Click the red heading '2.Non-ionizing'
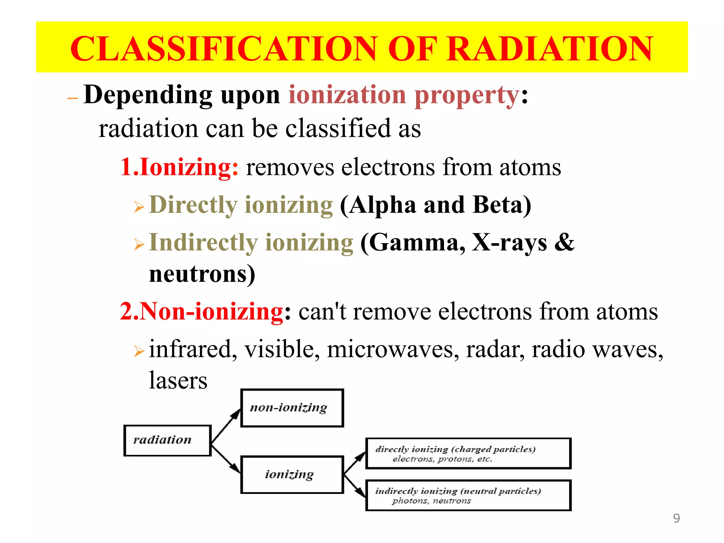(202, 311)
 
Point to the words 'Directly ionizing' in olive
(241, 205)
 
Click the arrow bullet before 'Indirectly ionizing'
(139, 244)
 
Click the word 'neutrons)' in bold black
(202, 274)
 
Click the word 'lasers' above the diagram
(178, 381)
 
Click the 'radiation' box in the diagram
(167, 440)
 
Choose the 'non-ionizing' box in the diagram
(292, 408)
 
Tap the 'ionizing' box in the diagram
(292, 474)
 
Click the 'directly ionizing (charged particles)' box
(468, 454)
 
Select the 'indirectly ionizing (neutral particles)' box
(468, 495)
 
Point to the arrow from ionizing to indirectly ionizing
(354, 486)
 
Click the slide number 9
(676, 518)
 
